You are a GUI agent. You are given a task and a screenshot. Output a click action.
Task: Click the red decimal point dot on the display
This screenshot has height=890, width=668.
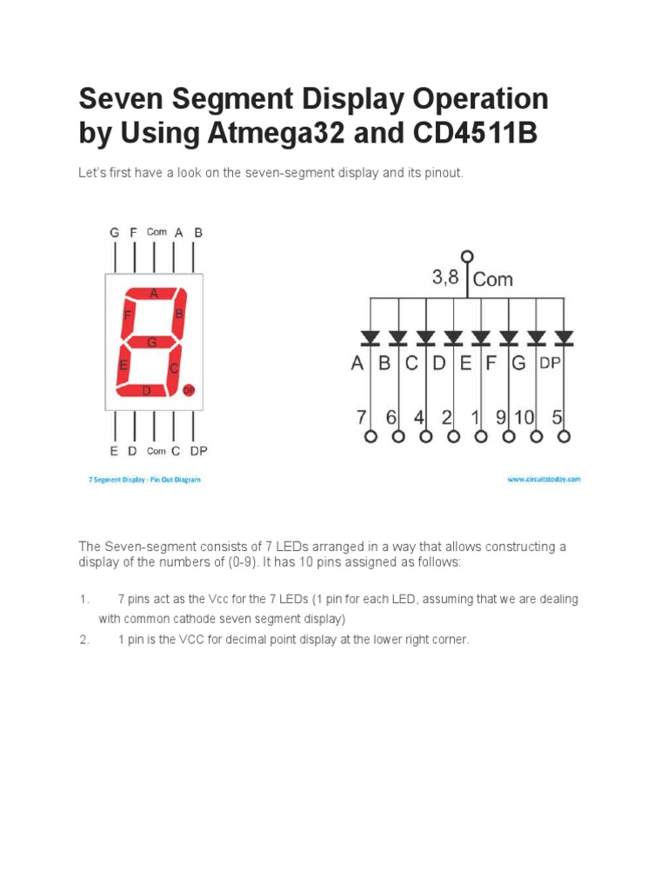coord(188,391)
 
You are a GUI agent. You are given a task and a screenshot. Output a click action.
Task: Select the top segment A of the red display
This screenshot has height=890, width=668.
coord(154,294)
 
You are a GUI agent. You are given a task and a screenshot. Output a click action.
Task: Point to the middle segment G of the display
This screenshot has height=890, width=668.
coord(151,342)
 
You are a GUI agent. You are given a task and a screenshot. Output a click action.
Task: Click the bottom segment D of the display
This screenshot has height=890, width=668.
coord(146,391)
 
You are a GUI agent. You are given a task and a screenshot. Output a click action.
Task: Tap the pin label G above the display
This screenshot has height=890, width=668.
coord(115,233)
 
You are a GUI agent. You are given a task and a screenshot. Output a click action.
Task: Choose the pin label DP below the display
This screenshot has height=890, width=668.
coord(199,451)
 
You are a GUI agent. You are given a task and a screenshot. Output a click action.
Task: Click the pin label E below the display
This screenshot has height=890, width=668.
coord(114,451)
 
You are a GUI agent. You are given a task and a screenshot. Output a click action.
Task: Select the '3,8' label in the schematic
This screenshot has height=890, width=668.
coord(445,278)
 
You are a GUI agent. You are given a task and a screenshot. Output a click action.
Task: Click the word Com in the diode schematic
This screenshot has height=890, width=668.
coord(493,279)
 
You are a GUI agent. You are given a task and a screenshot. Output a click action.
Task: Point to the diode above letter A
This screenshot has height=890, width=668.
coord(371,335)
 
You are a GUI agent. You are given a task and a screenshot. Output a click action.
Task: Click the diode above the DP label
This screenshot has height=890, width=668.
coord(564,335)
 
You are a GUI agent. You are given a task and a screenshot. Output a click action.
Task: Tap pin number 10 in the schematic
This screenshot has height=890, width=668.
coord(524,417)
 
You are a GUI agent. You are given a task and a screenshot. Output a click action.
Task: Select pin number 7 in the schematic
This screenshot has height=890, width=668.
coord(361,417)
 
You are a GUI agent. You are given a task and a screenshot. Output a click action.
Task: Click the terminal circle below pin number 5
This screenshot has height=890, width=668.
coord(564,437)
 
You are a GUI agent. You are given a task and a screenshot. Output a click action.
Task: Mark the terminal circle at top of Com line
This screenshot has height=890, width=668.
coord(468,256)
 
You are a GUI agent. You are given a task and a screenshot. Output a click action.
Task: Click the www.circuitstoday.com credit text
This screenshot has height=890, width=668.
coord(544,479)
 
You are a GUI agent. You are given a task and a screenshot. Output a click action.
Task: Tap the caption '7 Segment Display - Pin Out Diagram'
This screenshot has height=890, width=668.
coord(144,480)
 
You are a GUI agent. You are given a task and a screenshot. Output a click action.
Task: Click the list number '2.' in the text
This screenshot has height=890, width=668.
coord(84,640)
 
